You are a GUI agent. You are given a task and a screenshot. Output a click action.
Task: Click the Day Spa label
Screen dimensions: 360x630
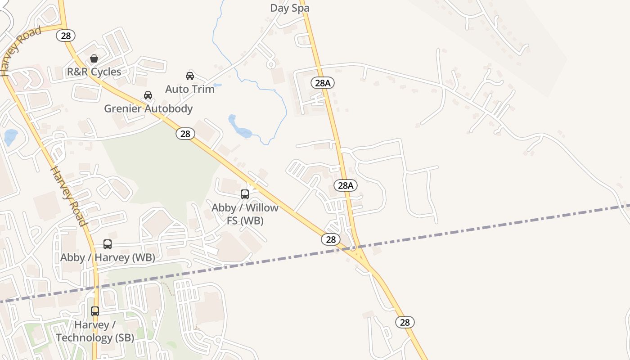click(290, 8)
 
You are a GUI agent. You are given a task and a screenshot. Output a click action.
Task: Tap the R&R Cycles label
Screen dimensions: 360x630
click(94, 72)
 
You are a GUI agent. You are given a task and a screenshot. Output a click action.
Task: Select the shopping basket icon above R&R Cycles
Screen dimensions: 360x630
click(94, 58)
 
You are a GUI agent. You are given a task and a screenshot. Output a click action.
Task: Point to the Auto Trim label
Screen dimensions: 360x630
click(190, 89)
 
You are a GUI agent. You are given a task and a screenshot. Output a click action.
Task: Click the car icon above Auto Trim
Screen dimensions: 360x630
click(190, 76)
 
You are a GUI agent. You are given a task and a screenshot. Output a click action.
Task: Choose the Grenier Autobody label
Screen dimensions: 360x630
click(148, 108)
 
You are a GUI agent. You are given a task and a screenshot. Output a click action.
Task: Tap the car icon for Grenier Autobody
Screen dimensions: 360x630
click(148, 95)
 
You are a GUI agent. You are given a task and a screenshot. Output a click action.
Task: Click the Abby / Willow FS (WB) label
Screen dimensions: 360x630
click(245, 214)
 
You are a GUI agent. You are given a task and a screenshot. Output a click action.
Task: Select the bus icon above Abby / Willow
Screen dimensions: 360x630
click(245, 194)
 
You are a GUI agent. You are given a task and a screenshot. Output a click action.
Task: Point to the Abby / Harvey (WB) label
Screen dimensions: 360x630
click(108, 257)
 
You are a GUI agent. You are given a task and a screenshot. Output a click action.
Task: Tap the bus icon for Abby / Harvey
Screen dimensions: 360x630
click(108, 244)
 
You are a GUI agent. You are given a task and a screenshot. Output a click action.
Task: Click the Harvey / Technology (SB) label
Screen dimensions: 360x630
click(94, 331)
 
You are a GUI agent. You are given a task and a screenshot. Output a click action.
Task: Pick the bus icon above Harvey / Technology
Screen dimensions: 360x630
click(95, 311)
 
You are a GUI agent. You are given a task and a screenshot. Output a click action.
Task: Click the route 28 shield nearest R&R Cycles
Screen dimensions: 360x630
click(66, 36)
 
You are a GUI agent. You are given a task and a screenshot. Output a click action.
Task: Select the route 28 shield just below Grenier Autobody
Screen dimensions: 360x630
click(185, 133)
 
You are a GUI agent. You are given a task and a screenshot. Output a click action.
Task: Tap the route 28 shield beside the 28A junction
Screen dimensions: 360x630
click(331, 239)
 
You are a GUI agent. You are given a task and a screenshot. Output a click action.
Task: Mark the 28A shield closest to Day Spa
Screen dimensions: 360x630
click(323, 83)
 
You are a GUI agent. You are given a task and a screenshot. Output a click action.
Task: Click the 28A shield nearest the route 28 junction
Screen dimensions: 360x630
click(346, 185)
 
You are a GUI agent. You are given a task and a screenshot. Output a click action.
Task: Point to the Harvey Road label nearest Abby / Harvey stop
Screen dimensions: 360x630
click(67, 196)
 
